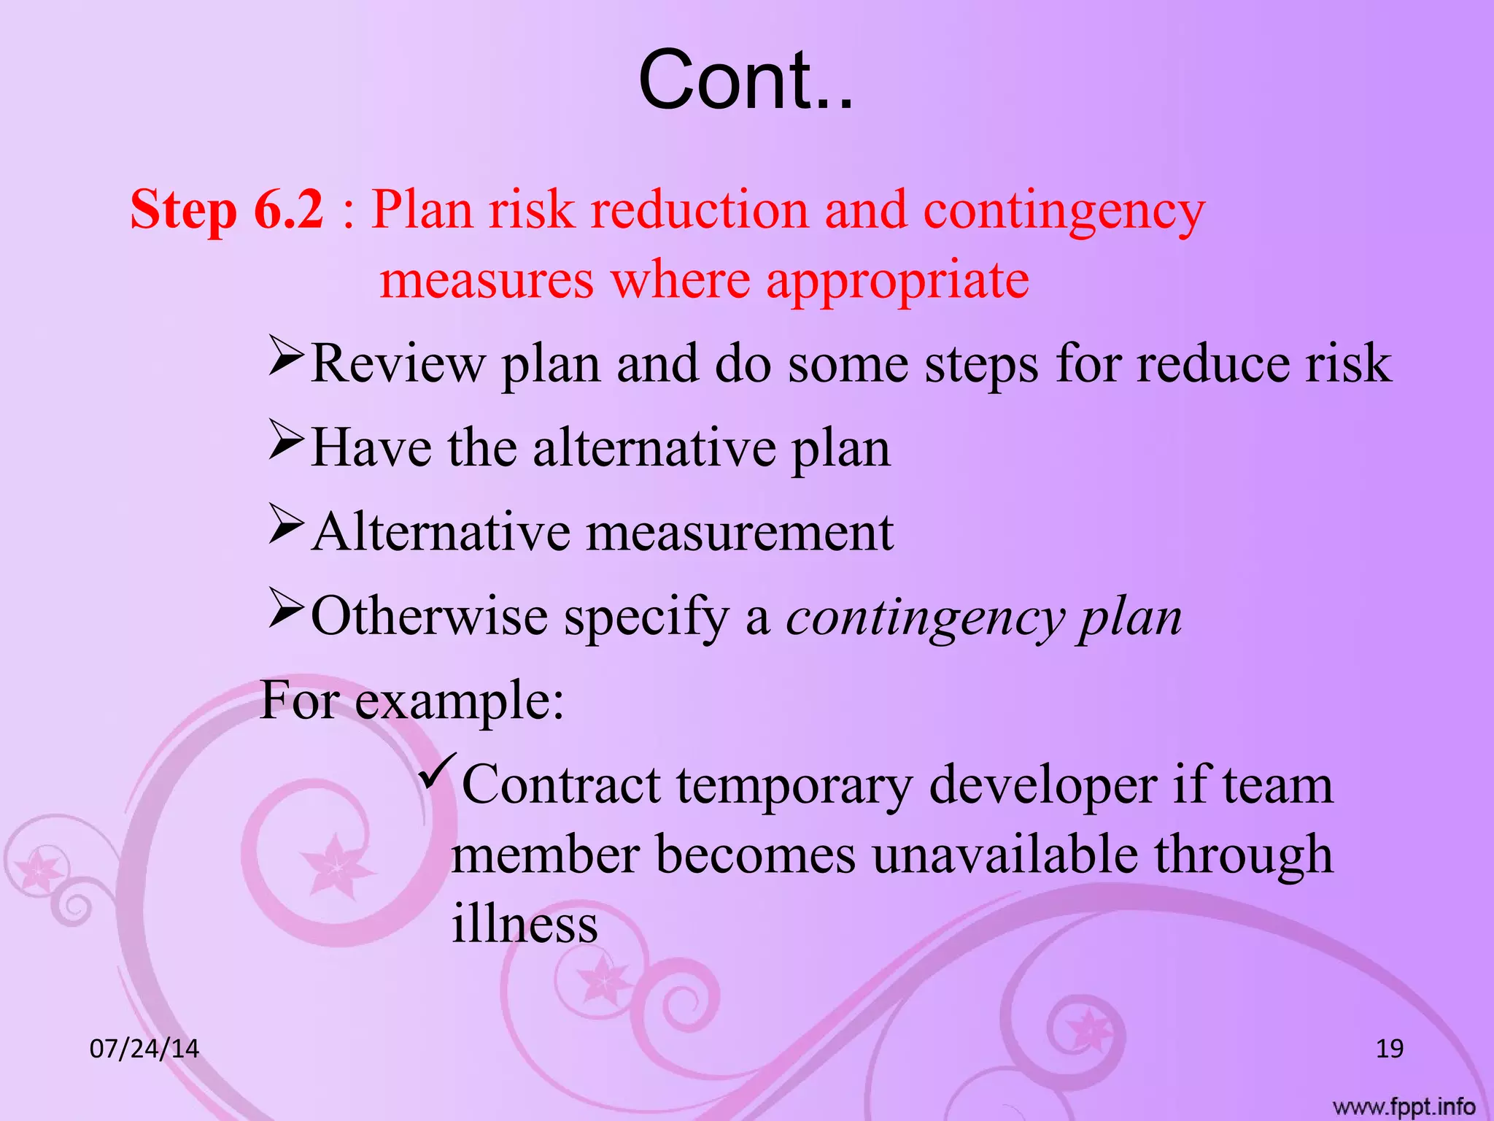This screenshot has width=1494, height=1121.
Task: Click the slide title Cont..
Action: click(746, 80)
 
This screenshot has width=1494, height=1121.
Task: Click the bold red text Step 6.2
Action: click(226, 210)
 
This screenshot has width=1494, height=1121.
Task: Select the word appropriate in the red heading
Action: click(897, 280)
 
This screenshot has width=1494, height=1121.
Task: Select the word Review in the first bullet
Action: click(398, 363)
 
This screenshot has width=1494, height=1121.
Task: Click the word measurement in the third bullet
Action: click(740, 533)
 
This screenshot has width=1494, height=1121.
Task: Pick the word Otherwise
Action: click(429, 617)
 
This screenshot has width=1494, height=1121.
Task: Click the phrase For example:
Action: click(412, 701)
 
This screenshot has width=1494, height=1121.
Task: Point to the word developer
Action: click(1042, 787)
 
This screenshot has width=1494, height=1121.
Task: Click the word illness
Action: click(525, 924)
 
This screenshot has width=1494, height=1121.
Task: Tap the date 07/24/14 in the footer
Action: click(144, 1049)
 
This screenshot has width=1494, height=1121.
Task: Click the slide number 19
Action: click(1389, 1049)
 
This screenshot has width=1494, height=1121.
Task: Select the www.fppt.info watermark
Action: click(1404, 1107)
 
